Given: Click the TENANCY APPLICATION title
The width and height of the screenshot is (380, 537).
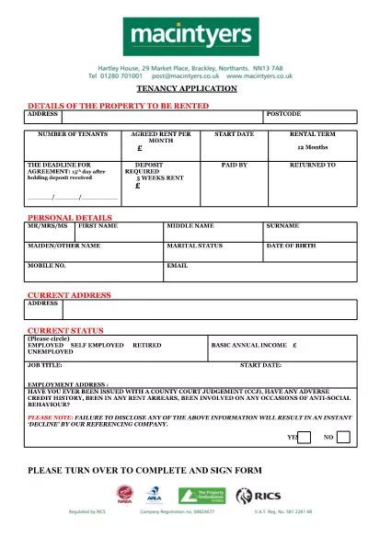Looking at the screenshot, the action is coord(187,88).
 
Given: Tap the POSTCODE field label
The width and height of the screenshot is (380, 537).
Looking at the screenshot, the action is coord(283,114).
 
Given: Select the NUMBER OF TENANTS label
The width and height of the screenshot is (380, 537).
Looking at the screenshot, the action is coord(69,134).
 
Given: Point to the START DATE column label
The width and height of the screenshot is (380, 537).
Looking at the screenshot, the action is coord(234,134).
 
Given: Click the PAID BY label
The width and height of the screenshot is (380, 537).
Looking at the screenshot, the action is coord(235,165).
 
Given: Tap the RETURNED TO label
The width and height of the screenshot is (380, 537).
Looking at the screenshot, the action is coord(313,165).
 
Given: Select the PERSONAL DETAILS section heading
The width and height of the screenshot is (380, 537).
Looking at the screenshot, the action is coord(70,217).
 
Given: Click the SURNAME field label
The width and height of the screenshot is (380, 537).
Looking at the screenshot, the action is coord(282,225).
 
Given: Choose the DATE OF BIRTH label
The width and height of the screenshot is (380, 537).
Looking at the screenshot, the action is coord(292,246).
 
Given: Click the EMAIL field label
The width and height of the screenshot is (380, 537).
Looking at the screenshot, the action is coord(177,265).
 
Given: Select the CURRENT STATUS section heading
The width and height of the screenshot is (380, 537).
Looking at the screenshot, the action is coord(65,329).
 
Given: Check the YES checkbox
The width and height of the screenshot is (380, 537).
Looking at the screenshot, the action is coord(305,437).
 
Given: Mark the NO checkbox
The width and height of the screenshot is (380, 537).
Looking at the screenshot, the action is coord(343,437).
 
